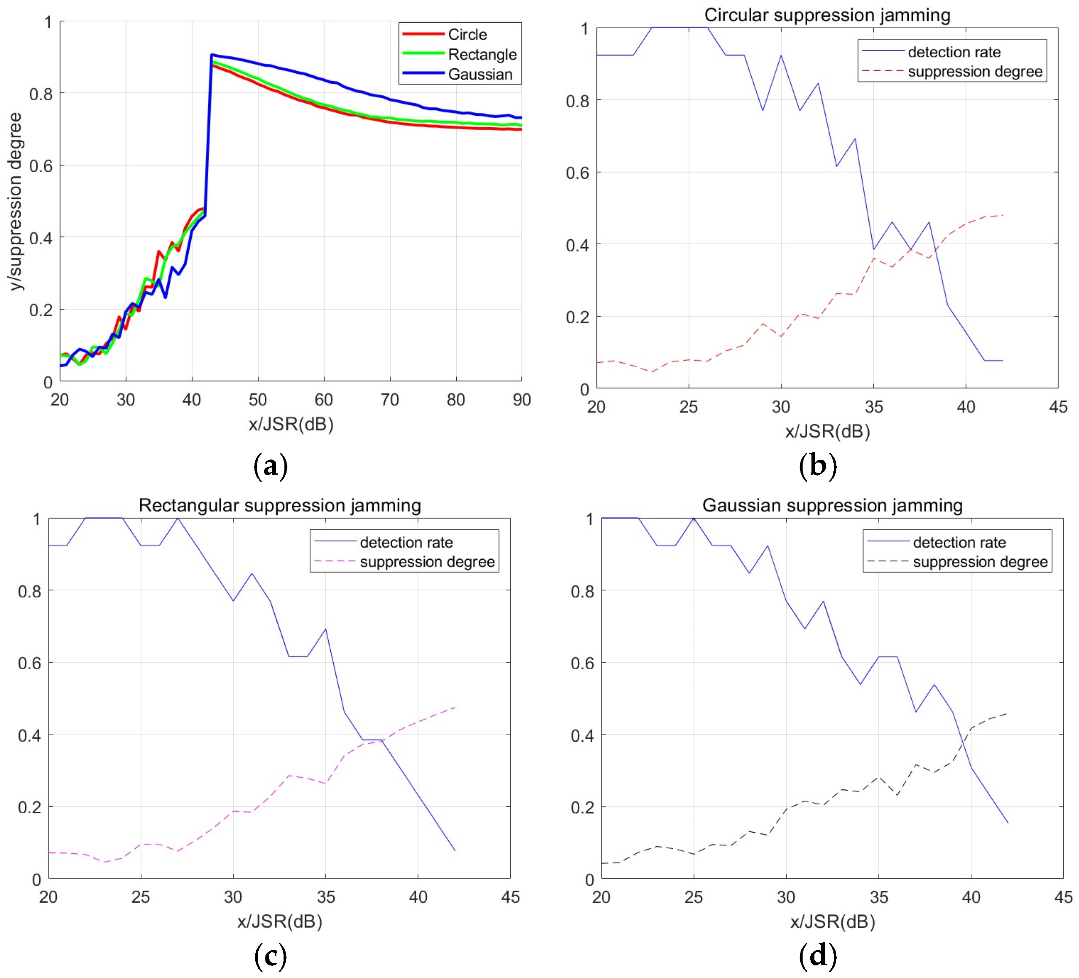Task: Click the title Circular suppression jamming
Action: point(827,15)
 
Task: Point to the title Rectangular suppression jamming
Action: point(279,505)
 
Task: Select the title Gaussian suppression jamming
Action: point(832,505)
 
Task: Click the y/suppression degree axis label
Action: point(16,201)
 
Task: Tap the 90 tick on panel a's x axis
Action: point(521,400)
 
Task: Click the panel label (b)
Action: point(817,465)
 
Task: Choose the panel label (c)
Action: point(270,956)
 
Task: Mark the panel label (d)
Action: point(817,956)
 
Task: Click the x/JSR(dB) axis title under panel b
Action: point(827,431)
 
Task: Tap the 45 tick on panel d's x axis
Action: point(1063,897)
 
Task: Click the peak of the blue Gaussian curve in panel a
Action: point(212,55)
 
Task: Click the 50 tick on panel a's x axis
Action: point(257,400)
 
